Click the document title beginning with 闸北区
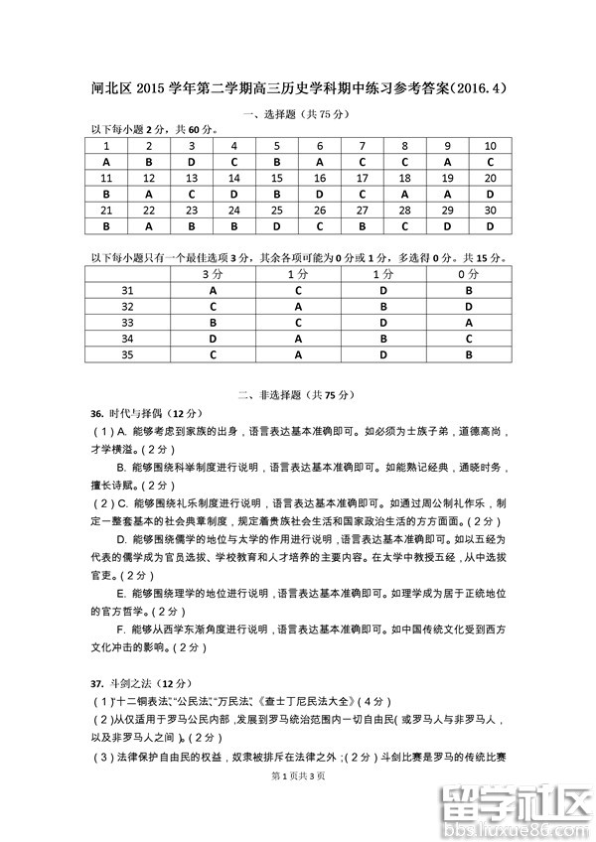tap(297, 88)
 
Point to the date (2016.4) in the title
tap(480, 88)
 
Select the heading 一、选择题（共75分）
tap(298, 114)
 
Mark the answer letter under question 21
tap(105, 226)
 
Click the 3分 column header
tap(213, 273)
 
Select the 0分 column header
tap(469, 273)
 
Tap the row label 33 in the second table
tap(127, 323)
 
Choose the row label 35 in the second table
tap(127, 354)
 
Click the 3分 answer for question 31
tap(213, 290)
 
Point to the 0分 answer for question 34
tap(469, 339)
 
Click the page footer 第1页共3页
tap(298, 774)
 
